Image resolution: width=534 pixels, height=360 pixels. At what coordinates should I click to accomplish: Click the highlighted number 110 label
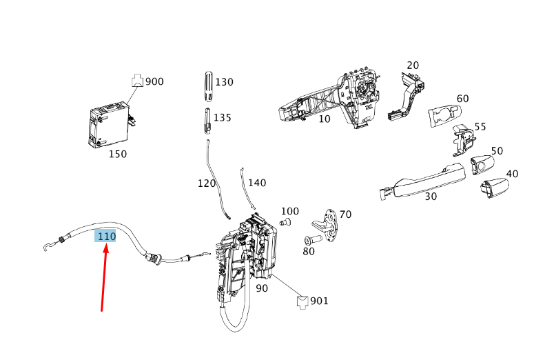pos(106,236)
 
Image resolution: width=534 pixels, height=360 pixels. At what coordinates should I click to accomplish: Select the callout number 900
pos(154,81)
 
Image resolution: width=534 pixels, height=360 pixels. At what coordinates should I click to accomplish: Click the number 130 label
pos(224,82)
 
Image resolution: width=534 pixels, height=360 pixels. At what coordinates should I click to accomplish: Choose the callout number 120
pos(207,183)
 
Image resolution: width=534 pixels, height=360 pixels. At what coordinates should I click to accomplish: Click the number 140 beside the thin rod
pos(256,183)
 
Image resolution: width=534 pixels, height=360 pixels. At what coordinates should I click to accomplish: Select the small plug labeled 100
pos(287,222)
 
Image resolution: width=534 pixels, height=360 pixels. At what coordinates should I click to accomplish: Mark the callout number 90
pos(261,288)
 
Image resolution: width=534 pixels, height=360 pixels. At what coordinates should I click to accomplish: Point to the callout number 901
pos(319,301)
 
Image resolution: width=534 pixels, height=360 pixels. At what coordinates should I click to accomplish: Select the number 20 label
pos(413,66)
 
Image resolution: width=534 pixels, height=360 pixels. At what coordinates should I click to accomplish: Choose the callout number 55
pos(480,126)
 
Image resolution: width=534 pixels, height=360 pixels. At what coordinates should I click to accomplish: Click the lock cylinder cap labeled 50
pos(481,166)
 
